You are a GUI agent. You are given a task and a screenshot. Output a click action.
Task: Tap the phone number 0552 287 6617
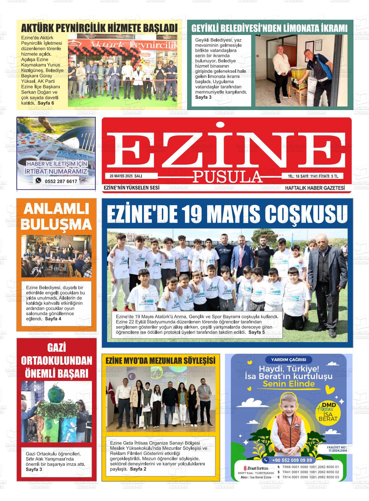[x=61, y=181]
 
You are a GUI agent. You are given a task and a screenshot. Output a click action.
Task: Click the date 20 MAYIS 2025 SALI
[x=126, y=176]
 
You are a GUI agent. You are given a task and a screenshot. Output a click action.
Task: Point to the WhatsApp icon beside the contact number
[x=39, y=181]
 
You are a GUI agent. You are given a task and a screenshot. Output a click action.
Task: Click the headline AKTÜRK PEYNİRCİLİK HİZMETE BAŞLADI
[x=99, y=28]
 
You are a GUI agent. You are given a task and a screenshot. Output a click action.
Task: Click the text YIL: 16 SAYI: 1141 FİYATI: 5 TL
[x=313, y=176]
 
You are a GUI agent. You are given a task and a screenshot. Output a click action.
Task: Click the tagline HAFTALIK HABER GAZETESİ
[x=315, y=188]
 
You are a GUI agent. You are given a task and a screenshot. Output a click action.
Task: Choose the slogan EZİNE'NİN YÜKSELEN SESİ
[x=131, y=188]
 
